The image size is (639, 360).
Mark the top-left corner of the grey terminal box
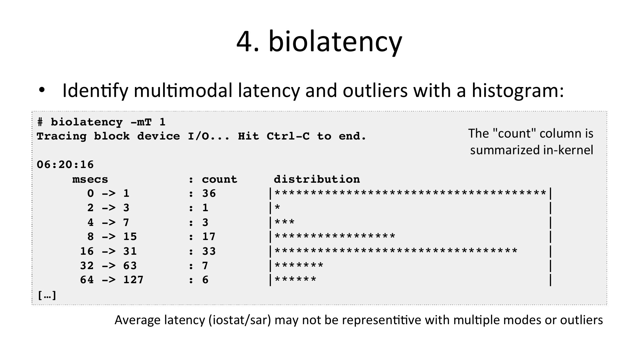tap(32, 112)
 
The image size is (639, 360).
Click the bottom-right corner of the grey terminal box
tap(607, 305)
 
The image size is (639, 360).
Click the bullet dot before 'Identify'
tap(42, 91)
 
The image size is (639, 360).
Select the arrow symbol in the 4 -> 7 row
tap(109, 222)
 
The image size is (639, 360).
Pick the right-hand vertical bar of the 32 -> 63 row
tap(550, 266)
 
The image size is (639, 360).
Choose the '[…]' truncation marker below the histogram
tap(47, 295)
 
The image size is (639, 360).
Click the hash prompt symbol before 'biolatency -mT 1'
tap(40, 122)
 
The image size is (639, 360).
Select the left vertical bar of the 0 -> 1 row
tap(271, 194)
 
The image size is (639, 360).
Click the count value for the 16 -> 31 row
tap(209, 251)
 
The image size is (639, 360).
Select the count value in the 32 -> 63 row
tap(205, 266)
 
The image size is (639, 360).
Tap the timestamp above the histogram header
tap(65, 165)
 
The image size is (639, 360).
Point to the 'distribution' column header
tap(317, 179)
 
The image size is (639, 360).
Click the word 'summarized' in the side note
tap(503, 150)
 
